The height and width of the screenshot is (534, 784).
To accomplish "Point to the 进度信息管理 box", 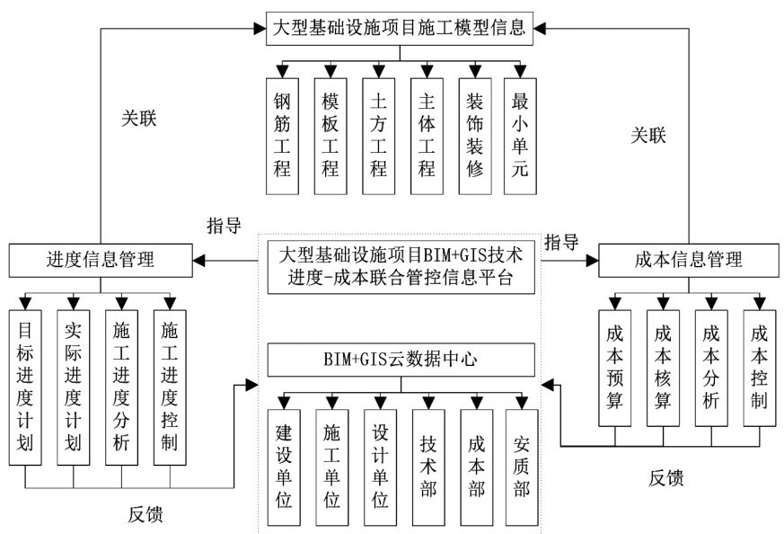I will click(x=100, y=261).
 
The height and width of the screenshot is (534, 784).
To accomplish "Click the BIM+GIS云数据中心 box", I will click(x=401, y=361).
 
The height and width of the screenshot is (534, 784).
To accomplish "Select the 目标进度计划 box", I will click(x=25, y=387).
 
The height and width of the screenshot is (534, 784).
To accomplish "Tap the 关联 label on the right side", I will click(x=647, y=136).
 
